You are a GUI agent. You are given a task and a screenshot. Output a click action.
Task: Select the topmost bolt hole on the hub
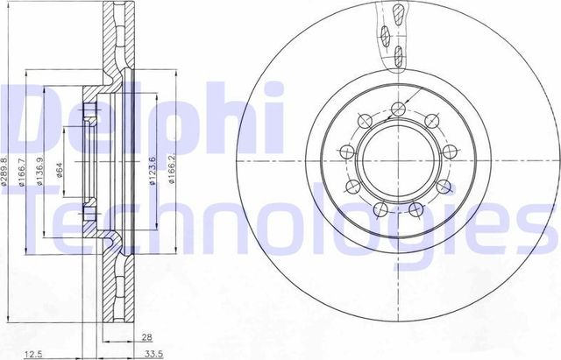point(398,109)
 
